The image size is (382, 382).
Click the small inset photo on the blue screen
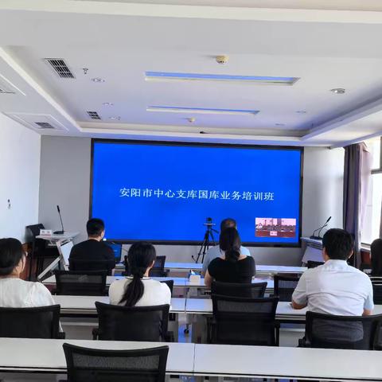tap(275, 228)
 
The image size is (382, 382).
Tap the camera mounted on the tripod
tap(209, 222)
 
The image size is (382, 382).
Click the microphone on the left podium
tap(59, 217)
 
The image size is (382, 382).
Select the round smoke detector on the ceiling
tap(221, 59)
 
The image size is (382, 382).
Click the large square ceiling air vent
tap(60, 68)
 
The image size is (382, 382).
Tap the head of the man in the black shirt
tap(95, 228)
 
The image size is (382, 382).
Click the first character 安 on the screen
tap(125, 193)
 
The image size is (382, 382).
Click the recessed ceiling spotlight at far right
tap(338, 91)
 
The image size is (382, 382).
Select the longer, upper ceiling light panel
tap(221, 78)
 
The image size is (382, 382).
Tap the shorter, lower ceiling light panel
tap(202, 110)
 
